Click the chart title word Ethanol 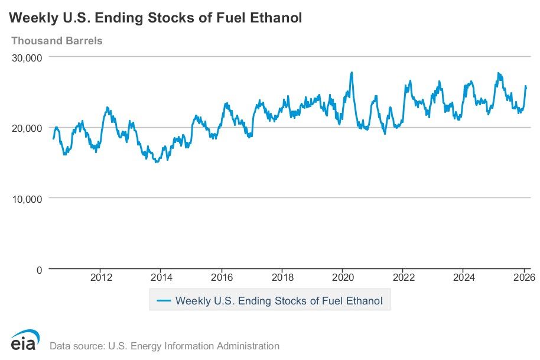275,18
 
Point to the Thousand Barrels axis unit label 57,41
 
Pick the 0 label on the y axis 39,270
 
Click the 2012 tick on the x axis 101,277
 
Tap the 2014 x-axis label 161,277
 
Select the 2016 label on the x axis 222,277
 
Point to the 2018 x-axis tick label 282,277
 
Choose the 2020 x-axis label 343,277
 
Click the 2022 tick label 403,277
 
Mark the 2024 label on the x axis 464,277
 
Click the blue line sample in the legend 164,301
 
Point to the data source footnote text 164,346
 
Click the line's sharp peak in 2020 352,73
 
